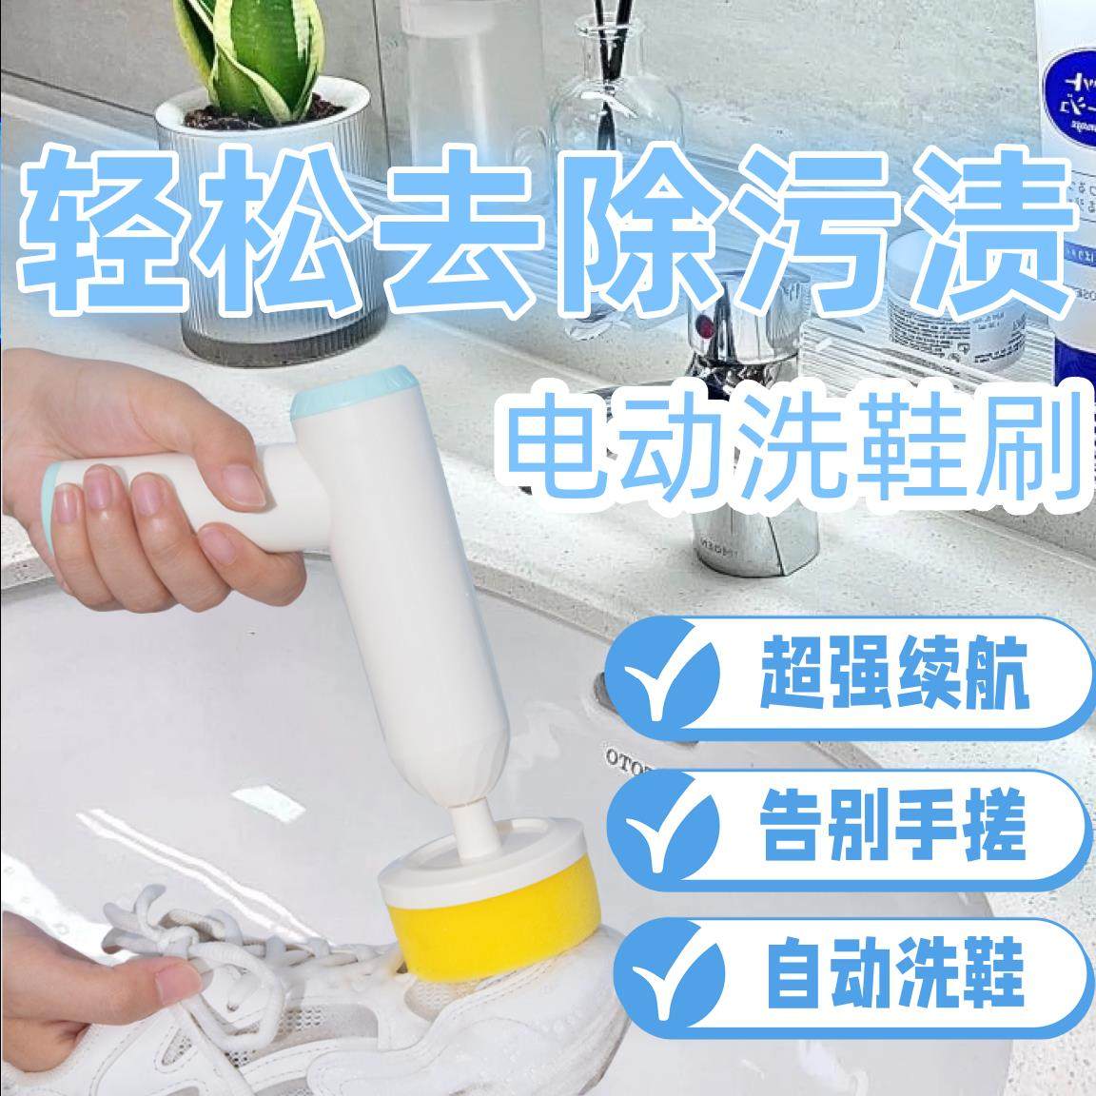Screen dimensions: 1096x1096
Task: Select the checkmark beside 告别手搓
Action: click(669, 824)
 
